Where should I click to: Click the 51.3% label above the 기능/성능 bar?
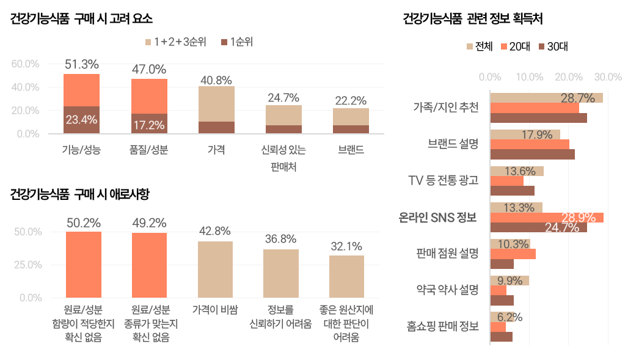coord(81,64)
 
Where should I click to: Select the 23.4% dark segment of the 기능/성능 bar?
coord(81,120)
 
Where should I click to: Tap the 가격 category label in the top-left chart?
coord(216,149)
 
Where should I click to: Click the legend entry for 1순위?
coord(236,42)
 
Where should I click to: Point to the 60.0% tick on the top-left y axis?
coord(25,64)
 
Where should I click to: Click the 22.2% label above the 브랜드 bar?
coord(351,100)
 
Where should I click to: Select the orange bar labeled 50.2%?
coord(84,264)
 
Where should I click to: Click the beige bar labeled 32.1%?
coord(346,276)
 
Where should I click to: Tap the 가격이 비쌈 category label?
coord(215,309)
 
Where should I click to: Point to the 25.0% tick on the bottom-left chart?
coord(27,265)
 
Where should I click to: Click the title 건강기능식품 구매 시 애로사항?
coord(79,194)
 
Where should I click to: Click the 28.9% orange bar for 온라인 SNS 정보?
coord(547,218)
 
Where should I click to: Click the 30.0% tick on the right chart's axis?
coord(608,77)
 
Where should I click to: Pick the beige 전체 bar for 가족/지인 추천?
coord(546,98)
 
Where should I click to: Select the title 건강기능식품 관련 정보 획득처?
coord(473,18)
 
